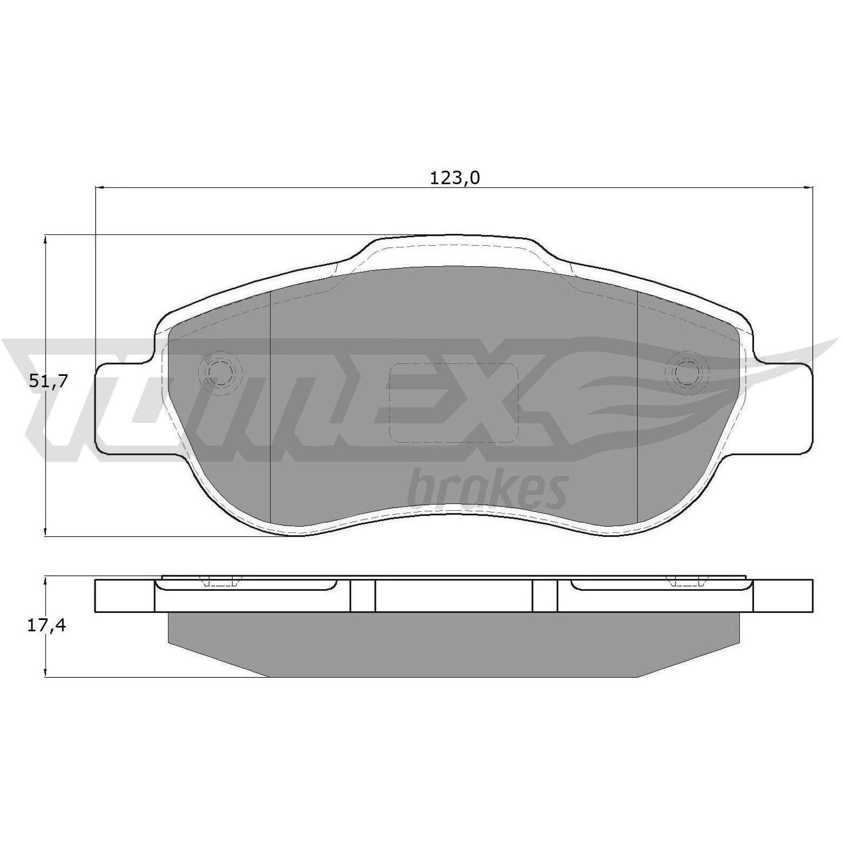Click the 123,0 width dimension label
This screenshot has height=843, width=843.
[454, 178]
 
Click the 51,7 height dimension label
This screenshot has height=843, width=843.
[48, 381]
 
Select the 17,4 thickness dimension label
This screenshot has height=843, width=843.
[46, 625]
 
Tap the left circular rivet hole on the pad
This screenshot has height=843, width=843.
[220, 371]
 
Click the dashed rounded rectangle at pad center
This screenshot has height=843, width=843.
[454, 403]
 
